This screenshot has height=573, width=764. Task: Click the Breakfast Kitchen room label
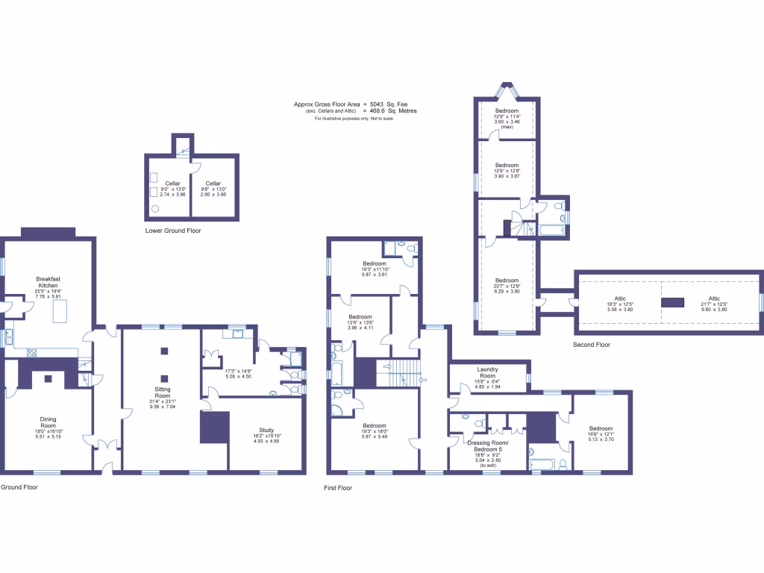click(48, 282)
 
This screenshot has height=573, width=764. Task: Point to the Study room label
click(266, 430)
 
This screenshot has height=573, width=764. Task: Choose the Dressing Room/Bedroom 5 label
click(485, 446)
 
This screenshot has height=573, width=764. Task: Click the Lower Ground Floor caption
click(173, 231)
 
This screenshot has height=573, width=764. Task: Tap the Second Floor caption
click(592, 345)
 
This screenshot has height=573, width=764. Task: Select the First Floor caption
click(338, 488)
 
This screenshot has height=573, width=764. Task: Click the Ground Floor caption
click(19, 487)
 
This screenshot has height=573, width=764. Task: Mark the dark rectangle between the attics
click(672, 302)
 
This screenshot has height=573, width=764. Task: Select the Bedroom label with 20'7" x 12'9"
click(507, 281)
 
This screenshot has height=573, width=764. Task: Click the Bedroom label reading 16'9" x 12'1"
click(601, 429)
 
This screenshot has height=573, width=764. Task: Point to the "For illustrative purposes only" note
click(354, 119)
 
